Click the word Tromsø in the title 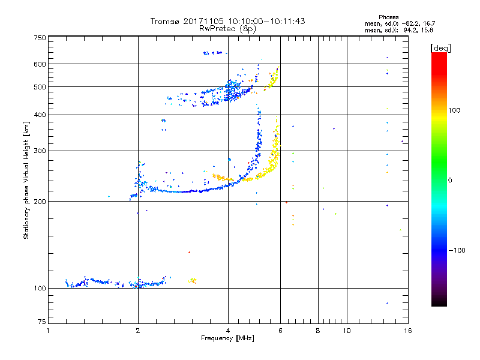coord(164,21)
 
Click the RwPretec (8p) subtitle coord(227,28)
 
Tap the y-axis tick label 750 coord(40,38)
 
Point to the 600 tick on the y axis coord(40,64)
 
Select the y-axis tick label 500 coord(40,86)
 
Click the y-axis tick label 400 coord(40,115)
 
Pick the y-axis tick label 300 coord(40,151)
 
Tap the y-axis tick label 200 coord(40,201)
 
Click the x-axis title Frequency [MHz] coord(227,339)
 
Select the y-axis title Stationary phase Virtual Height coord(26,180)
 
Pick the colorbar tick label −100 coord(458,250)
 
